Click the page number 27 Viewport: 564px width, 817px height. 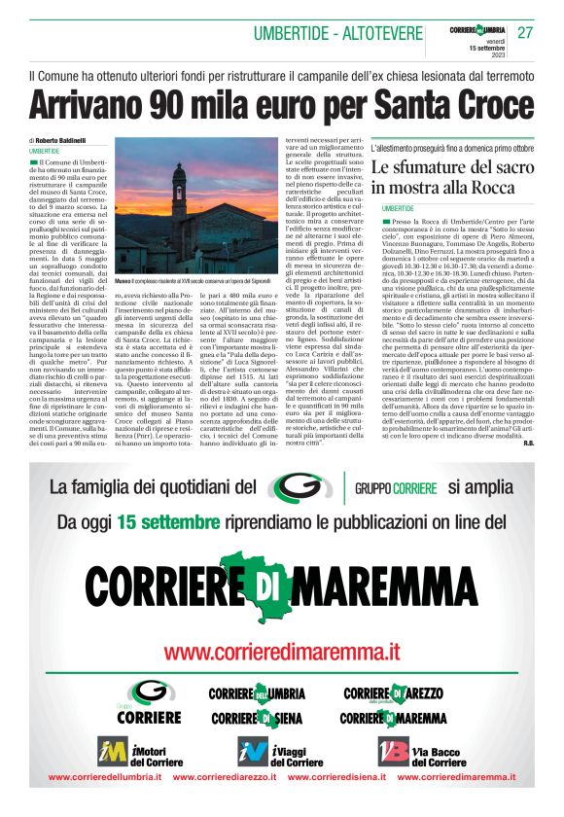(525, 32)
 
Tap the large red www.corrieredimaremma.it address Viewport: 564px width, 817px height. (281, 649)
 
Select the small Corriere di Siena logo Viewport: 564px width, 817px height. (256, 719)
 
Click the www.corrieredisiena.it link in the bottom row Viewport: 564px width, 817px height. (335, 777)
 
